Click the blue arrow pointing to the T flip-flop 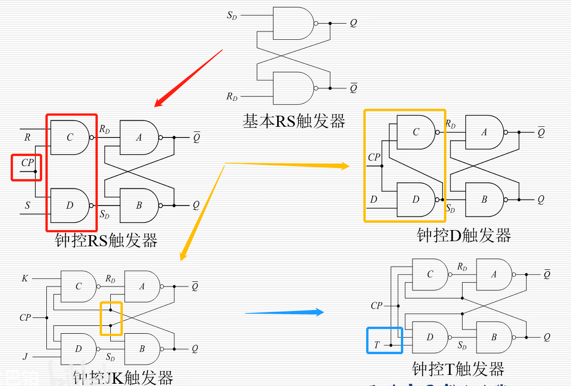pos(284,312)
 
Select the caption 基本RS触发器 pos(294,121)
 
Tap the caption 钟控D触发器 pos(464,235)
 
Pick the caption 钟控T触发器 pos(458,369)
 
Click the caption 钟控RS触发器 pos(107,240)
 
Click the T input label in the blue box pos(377,345)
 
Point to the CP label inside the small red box pos(28,163)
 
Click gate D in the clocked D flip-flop pos(416,199)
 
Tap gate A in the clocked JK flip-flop pos(142,286)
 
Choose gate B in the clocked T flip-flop pos(494,337)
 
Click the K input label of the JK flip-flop pos(25,279)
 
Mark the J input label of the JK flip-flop pos(25,356)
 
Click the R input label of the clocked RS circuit pos(27,137)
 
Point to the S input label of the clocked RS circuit pos(27,205)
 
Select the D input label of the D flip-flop pos(373,199)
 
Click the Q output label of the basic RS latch pos(353,23)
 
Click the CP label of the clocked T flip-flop pos(376,305)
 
